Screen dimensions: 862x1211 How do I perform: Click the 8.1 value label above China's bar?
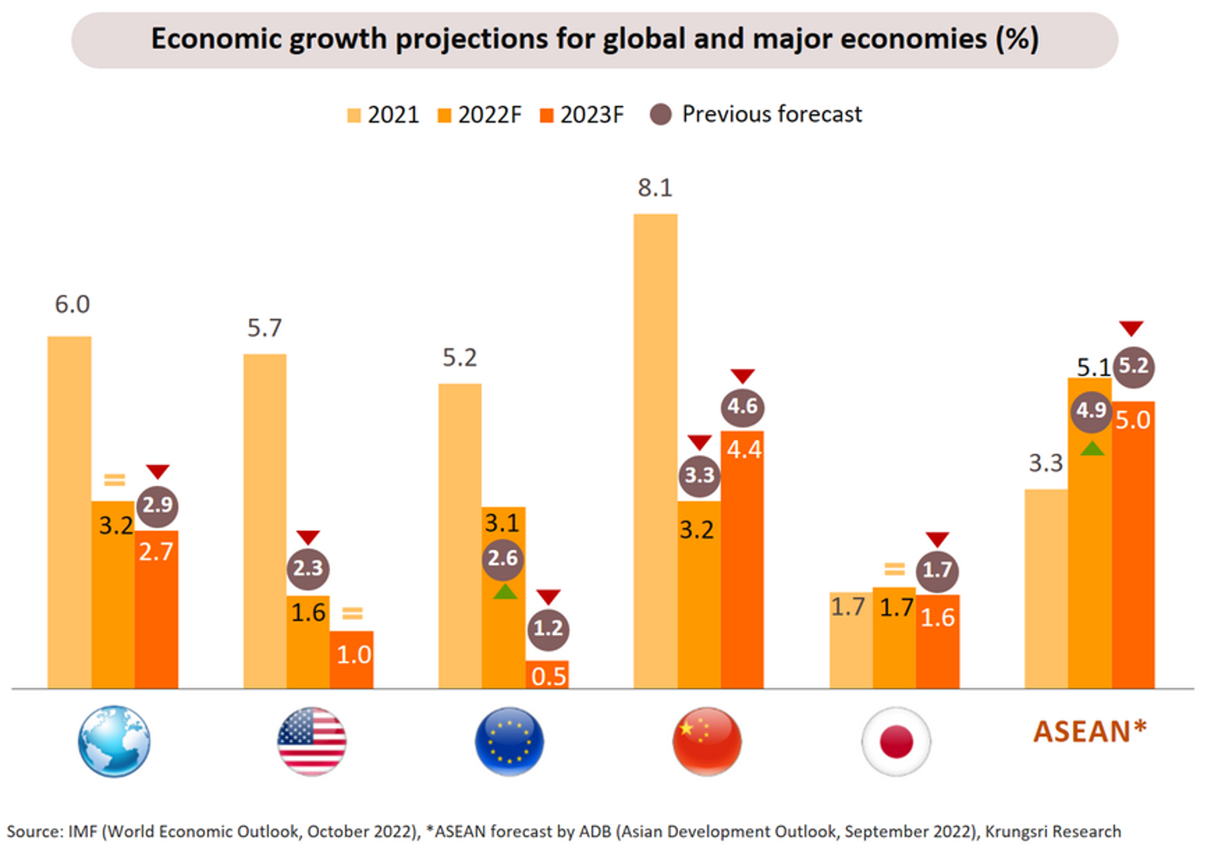654,188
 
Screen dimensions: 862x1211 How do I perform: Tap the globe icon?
114,741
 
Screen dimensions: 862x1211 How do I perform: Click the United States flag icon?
312,741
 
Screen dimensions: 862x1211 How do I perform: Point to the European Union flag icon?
509,741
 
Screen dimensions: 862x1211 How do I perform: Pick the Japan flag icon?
896,741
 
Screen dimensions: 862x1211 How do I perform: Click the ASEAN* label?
1090,731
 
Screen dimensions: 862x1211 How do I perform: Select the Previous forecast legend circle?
661,115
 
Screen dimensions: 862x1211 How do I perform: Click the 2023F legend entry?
582,115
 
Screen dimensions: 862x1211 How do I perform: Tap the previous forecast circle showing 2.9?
157,506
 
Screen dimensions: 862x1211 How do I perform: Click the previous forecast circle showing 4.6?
742,407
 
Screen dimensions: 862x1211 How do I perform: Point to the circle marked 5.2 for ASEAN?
1133,366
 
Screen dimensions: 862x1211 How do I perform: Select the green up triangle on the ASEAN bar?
1092,448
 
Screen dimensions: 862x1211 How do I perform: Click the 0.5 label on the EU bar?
549,676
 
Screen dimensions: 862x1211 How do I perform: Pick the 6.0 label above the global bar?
72,305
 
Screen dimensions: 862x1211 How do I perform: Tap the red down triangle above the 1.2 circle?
548,596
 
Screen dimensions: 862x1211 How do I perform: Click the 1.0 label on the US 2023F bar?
354,655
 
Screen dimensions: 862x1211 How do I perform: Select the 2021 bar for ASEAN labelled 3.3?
1046,588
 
